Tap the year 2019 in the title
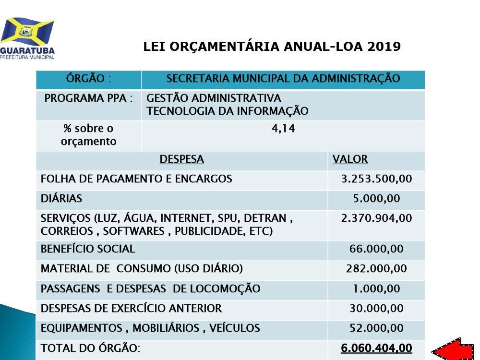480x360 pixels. tap(384, 47)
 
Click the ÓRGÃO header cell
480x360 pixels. tap(89, 78)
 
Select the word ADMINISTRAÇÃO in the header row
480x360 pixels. tap(356, 78)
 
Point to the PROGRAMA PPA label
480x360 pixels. tap(88, 98)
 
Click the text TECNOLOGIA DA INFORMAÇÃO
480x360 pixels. tap(227, 111)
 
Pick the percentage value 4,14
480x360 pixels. tap(283, 129)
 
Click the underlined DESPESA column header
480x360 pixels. tap(181, 159)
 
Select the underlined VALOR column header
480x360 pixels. tap(350, 159)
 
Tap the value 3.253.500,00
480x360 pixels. tap(376, 179)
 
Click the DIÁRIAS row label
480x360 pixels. tap(61, 198)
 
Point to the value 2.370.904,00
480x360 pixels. tap(376, 218)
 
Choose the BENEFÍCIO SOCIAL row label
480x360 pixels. tap(88, 249)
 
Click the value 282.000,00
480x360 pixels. tap(376, 269)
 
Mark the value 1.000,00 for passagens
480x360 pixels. tap(376, 288)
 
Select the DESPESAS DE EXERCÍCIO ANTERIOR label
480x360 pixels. tap(131, 308)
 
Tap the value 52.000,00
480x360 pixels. tap(376, 328)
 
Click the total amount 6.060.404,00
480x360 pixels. tap(376, 348)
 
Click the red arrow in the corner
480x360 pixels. tap(453, 349)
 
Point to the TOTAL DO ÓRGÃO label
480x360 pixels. tap(90, 348)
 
